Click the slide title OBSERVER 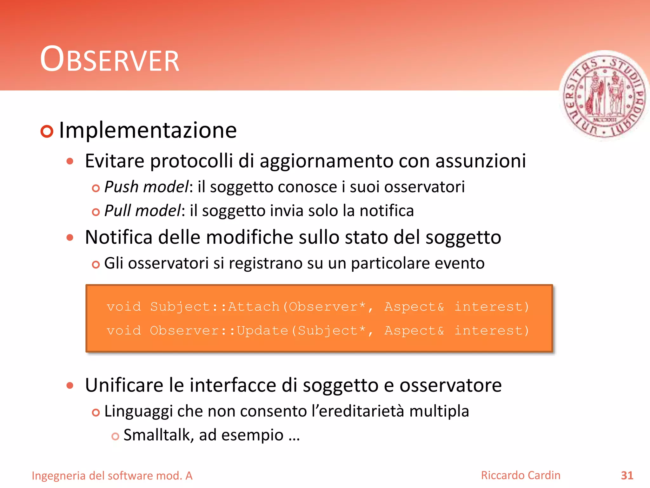(x=109, y=60)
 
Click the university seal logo (x=604, y=95)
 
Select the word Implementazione (x=148, y=130)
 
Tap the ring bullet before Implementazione (x=47, y=131)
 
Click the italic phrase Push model (x=146, y=187)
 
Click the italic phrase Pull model (x=143, y=211)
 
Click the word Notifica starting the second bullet (x=119, y=237)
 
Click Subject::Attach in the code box (x=215, y=307)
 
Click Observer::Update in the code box (x=219, y=331)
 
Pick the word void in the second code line (x=124, y=331)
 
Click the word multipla (x=439, y=411)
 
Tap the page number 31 (x=627, y=476)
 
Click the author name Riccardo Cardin (x=521, y=475)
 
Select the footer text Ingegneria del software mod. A (x=112, y=476)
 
